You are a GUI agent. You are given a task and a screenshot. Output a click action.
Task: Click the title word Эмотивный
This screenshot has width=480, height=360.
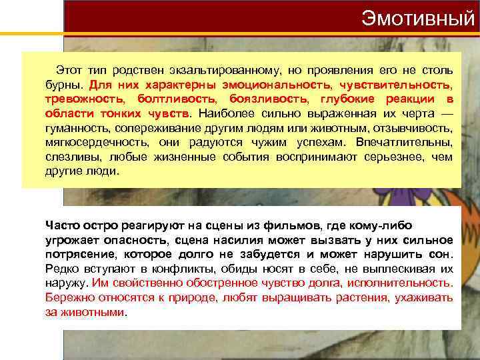pos(418,17)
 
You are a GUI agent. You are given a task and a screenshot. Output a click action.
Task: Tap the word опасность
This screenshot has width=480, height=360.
pos(139,240)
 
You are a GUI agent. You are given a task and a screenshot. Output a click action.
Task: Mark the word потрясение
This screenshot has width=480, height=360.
pos(78,254)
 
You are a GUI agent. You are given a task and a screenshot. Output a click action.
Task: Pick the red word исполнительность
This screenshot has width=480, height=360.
pos(405,283)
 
